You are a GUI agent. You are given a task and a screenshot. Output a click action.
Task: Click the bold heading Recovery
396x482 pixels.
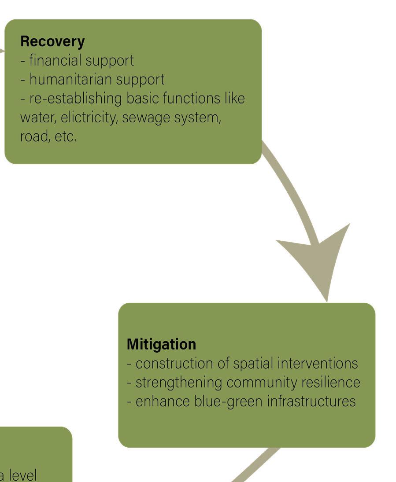coord(52,41)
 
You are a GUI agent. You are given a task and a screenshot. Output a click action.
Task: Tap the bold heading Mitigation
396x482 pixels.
coord(161,344)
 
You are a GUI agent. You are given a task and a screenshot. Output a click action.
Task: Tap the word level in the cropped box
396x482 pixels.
coord(22,475)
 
